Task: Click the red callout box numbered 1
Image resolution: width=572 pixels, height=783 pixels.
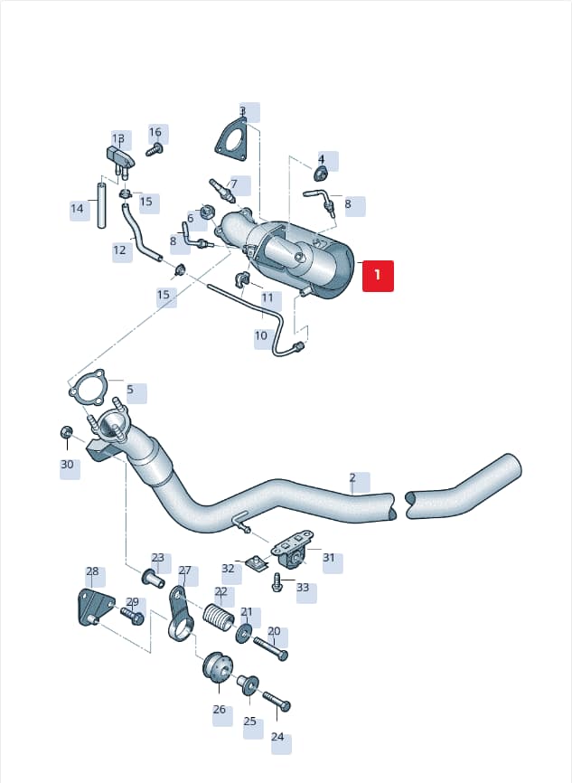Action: click(378, 276)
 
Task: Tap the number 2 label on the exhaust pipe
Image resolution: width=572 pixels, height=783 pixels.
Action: click(352, 477)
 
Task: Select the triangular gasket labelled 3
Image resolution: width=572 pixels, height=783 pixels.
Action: click(231, 139)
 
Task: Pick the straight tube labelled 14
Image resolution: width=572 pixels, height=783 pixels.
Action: click(101, 206)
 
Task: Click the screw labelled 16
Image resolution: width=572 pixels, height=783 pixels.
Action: click(155, 149)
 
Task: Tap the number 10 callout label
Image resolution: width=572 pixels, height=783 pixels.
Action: click(261, 335)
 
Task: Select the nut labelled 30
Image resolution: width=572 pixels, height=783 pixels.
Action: click(66, 431)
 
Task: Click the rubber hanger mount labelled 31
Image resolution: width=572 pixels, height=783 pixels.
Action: click(292, 550)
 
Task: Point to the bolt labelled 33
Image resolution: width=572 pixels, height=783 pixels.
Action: click(277, 582)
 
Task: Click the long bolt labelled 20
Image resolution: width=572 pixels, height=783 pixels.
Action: click(270, 647)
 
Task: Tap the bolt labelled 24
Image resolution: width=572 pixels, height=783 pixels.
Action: click(277, 700)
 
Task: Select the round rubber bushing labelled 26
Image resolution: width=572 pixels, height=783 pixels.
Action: click(218, 666)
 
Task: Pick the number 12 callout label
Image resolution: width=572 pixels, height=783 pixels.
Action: click(120, 250)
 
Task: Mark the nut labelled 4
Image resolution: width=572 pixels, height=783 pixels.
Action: click(321, 175)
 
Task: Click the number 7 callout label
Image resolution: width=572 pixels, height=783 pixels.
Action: click(234, 184)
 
